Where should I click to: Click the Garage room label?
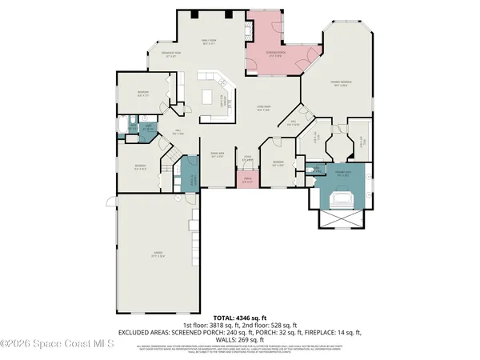pyautogui.click(x=158, y=255)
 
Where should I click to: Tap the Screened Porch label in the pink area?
pyautogui.click(x=277, y=55)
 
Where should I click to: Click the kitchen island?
pyautogui.click(x=211, y=97)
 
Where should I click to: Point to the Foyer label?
pyautogui.click(x=248, y=158)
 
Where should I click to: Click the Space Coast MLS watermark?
pyautogui.click(x=57, y=345)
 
